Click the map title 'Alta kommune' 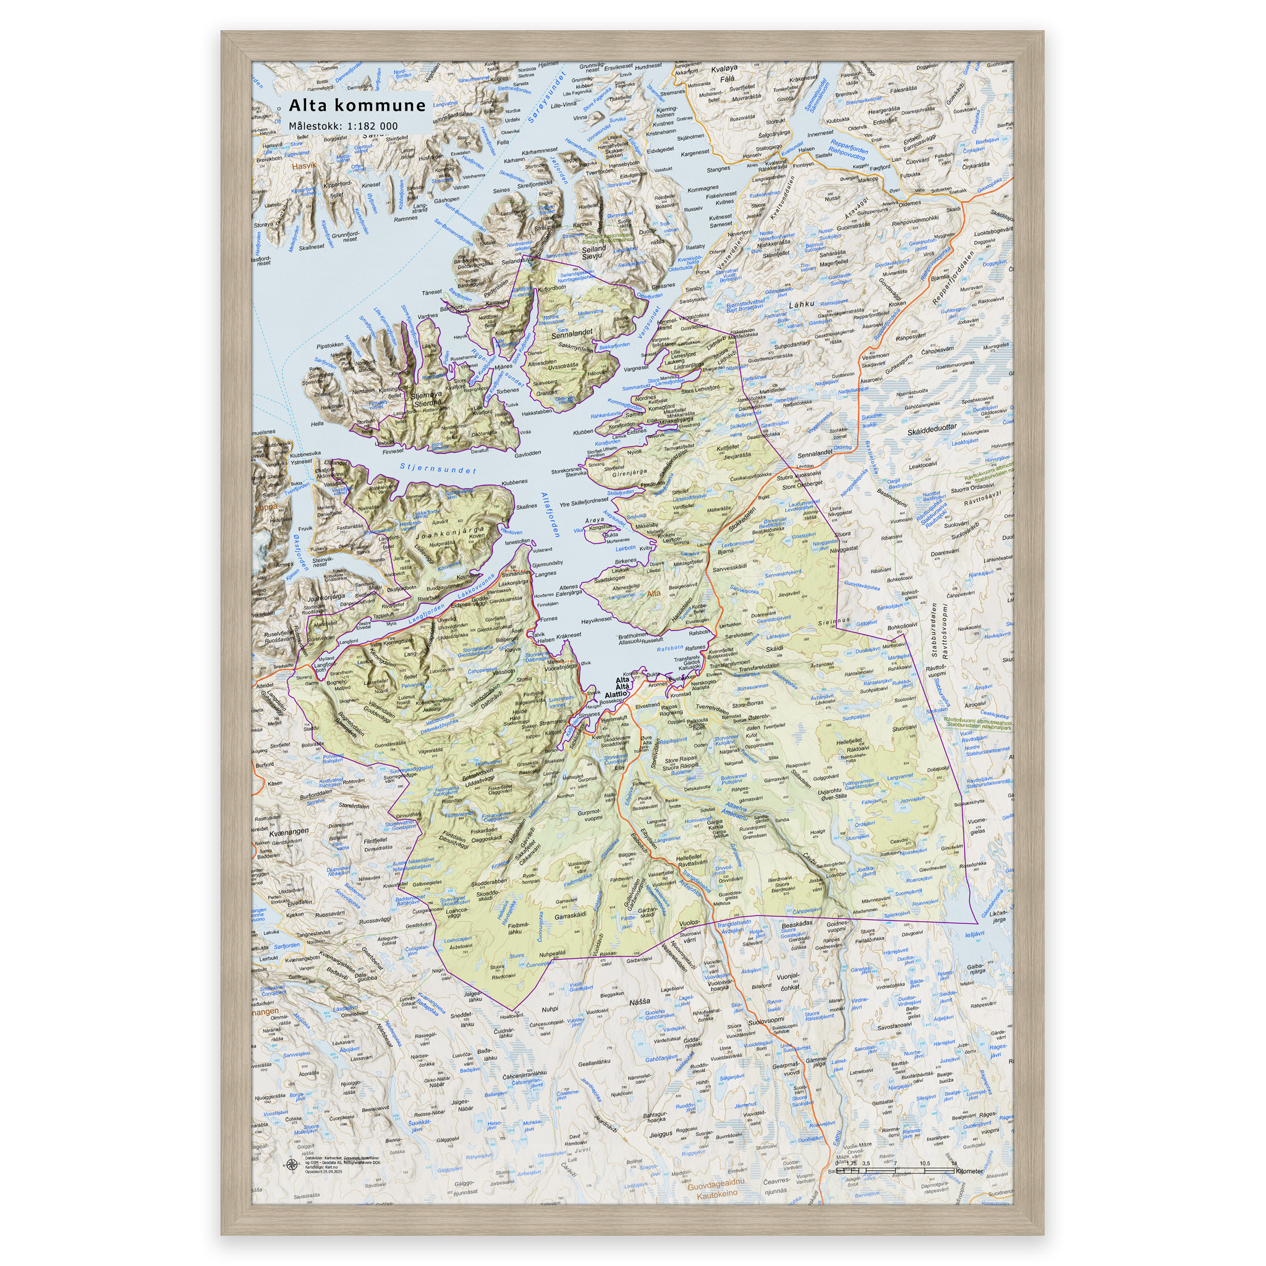357,106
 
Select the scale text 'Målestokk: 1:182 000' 342,126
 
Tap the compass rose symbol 291,1164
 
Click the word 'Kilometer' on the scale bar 969,1171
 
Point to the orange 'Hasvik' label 304,166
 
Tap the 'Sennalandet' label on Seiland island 571,334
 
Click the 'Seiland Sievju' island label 593,253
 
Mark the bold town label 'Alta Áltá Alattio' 619,687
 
